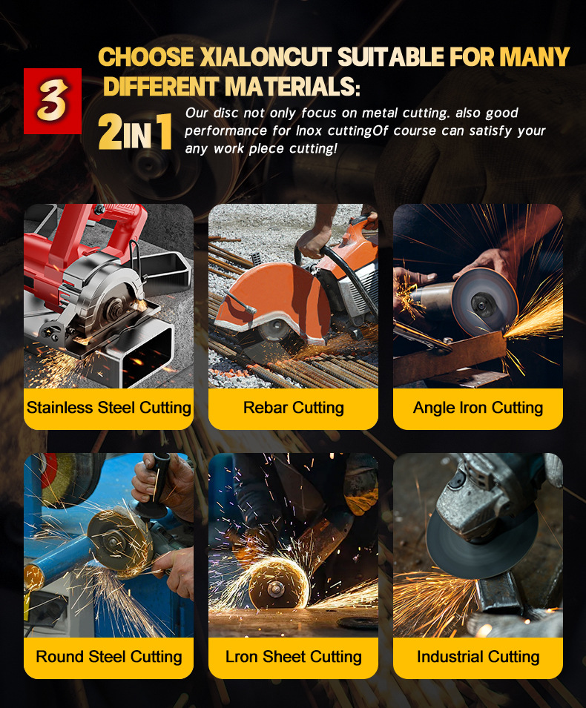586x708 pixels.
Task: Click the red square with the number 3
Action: [x=53, y=101]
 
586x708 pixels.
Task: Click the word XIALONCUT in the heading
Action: [x=266, y=57]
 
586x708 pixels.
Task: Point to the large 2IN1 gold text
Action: [x=135, y=131]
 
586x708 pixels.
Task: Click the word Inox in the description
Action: [x=309, y=131]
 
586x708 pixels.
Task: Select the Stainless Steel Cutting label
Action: [x=109, y=407]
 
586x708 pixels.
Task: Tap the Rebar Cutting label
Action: [x=294, y=407]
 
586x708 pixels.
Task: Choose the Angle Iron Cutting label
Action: [x=478, y=407]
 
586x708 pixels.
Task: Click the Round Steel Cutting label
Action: [x=109, y=657]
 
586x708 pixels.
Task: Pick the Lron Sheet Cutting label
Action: [x=294, y=657]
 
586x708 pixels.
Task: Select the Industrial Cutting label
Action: [x=478, y=657]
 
